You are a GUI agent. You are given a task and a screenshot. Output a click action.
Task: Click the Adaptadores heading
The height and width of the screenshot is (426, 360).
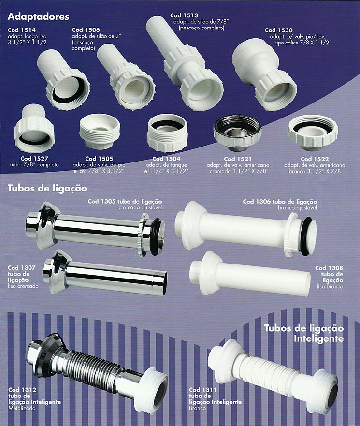[x=38, y=17]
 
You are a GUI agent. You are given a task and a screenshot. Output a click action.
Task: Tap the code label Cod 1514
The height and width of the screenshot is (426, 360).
[x=22, y=30]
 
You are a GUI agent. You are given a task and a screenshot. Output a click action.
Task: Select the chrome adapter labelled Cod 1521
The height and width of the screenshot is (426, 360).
[x=237, y=133]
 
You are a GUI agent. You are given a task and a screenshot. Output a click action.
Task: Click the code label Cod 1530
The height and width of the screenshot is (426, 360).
[x=278, y=30]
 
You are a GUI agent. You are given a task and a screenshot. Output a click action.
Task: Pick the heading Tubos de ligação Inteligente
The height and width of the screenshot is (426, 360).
[x=304, y=333]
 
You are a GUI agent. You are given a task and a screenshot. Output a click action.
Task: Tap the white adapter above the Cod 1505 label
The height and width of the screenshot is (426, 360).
[x=100, y=131]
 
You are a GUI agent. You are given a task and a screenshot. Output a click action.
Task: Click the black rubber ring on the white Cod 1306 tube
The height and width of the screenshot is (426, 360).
[x=305, y=236]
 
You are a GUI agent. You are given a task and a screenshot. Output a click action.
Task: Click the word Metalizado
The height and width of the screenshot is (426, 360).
[x=22, y=408]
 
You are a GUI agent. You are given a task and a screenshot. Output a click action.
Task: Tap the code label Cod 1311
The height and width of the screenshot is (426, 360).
[x=203, y=390]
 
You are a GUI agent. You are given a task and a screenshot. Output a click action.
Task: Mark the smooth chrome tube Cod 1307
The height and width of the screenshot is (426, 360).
[x=105, y=273]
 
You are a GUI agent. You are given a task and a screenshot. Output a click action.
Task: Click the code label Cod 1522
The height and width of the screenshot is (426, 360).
[x=315, y=159]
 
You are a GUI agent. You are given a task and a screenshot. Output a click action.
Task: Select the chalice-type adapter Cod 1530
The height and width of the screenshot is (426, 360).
[x=264, y=74]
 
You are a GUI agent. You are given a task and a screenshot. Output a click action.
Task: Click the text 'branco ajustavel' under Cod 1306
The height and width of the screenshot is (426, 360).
[x=297, y=208]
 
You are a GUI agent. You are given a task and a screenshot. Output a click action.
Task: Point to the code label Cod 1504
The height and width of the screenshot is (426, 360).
[x=166, y=159]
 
